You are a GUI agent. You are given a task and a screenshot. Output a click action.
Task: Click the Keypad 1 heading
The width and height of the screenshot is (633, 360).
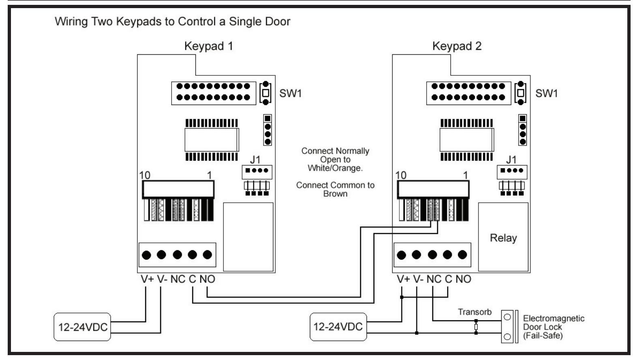pos(208,46)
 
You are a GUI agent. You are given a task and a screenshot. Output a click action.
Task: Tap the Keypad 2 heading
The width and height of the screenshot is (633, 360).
pos(457,46)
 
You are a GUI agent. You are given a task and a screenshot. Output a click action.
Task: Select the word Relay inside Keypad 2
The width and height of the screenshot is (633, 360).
pos(503,238)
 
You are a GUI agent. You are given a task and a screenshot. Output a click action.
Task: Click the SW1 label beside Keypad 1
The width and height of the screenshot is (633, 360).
pos(290,93)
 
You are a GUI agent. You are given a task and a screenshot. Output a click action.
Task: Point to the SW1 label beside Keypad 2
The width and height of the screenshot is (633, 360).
pos(547,93)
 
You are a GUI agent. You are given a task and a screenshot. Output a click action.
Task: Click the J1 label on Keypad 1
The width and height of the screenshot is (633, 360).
pos(255,160)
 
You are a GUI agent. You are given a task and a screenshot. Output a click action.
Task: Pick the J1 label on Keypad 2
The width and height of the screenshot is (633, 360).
pos(511,160)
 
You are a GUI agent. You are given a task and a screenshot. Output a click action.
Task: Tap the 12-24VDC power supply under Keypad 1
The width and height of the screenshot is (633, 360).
pos(82,327)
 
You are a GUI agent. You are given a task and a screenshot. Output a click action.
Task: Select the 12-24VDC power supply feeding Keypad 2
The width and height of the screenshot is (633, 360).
pos(338,327)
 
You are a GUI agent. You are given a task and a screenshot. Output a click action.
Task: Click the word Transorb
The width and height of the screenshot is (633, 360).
pos(475,312)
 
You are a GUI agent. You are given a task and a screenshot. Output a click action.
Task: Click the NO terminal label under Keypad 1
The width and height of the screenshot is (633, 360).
pos(208,279)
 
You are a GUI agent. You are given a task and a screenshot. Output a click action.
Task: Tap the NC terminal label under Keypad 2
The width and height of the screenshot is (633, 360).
pos(434,279)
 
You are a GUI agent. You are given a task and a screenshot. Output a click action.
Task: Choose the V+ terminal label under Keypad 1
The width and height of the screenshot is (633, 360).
pos(147,279)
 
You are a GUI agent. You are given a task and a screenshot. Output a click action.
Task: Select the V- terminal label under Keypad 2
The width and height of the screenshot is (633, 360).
pos(418,279)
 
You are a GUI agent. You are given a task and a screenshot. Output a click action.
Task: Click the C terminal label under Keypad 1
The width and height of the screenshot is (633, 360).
pos(193,279)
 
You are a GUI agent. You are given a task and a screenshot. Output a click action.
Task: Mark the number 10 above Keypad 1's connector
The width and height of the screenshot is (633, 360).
pos(145,176)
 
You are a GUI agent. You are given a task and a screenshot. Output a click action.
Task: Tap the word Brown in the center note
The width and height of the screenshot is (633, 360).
pos(335,194)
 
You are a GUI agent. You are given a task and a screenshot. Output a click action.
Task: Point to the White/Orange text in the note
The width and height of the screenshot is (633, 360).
pos(335,168)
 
